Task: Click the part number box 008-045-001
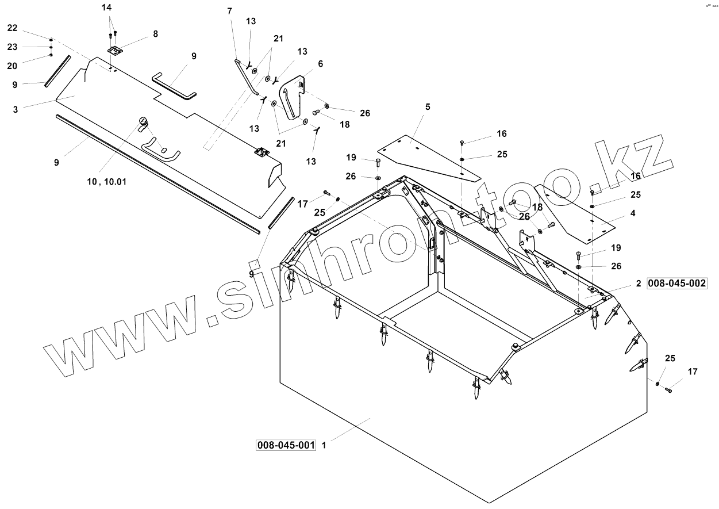(286, 445)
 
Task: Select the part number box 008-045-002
(676, 284)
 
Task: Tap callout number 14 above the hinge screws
(107, 7)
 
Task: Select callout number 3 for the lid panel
(16, 108)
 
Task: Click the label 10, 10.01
(107, 181)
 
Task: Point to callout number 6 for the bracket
(320, 63)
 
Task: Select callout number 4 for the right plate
(633, 213)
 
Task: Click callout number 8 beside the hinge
(155, 34)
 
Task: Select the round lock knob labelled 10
(143, 121)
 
